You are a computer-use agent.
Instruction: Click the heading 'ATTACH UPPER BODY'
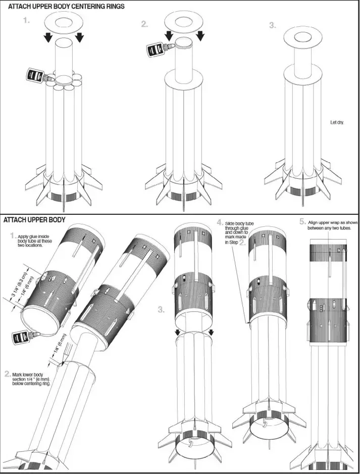click(34, 220)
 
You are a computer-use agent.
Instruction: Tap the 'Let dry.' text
click(337, 122)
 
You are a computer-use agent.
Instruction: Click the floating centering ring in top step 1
click(63, 22)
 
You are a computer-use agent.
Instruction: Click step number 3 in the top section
click(272, 26)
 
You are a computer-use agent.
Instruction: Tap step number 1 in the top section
click(26, 22)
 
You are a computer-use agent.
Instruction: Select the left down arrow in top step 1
click(47, 38)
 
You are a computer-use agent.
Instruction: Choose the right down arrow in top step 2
click(200, 35)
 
